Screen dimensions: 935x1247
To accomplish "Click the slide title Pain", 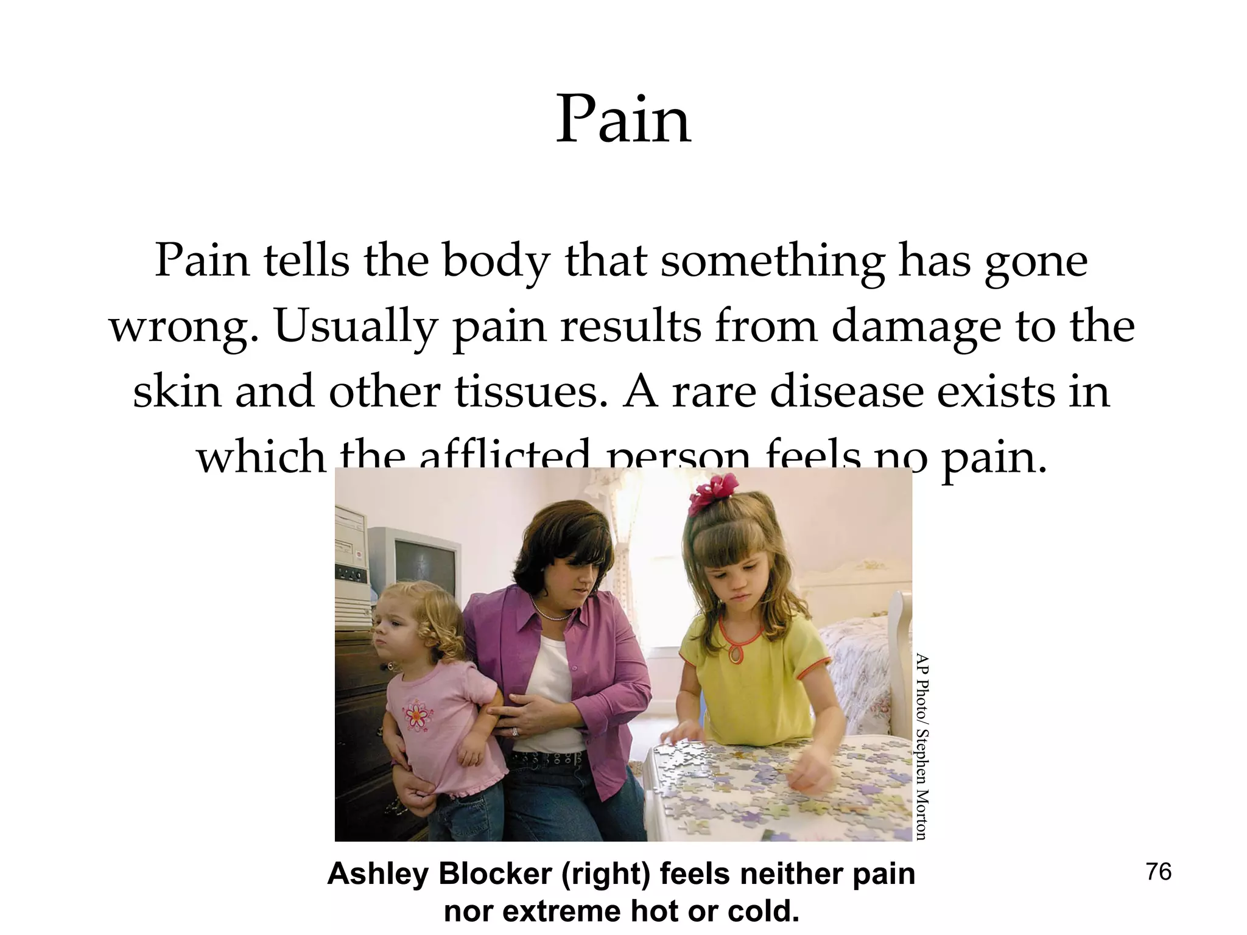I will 623,120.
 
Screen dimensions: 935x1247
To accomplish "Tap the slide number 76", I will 1159,872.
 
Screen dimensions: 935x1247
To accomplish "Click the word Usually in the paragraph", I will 356,327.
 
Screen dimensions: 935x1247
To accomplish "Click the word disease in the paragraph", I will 848,391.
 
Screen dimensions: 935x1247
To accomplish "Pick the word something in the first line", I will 772,262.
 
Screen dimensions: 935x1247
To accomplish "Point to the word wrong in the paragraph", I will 178,327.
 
